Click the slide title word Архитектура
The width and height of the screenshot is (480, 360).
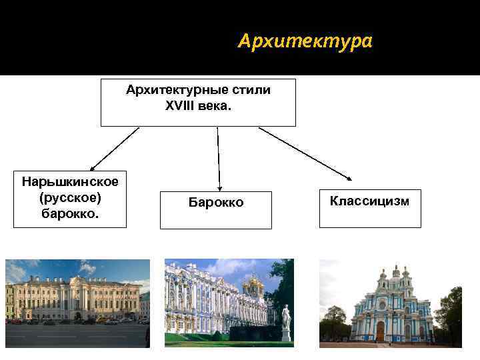coord(305,42)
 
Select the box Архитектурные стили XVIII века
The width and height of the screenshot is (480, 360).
coord(198,102)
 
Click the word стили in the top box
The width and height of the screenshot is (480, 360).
coord(253,90)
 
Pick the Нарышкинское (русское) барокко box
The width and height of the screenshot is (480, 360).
coord(70,199)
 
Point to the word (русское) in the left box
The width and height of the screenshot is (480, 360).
coord(70,198)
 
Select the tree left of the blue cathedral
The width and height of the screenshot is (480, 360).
coord(333,320)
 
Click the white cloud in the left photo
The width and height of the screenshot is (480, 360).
coord(87,268)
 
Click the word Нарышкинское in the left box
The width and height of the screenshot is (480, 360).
coord(70,182)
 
